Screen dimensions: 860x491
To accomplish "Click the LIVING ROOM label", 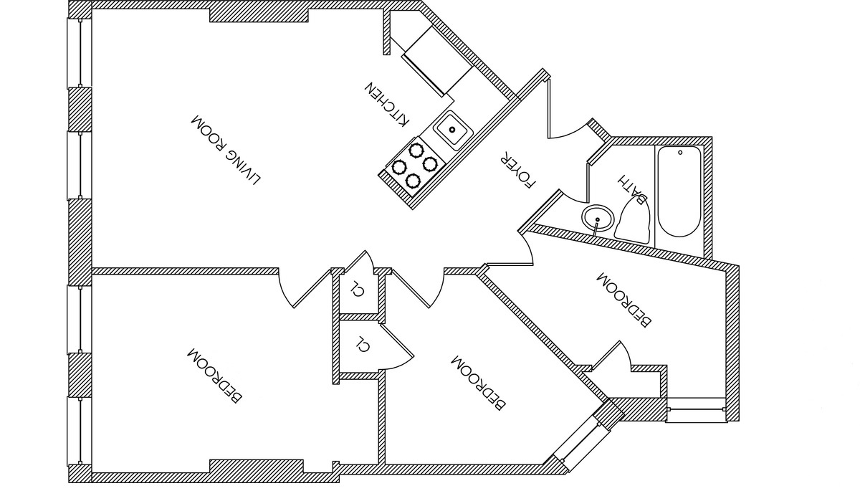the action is [x=225, y=149].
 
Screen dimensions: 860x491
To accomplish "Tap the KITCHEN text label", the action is [x=388, y=105].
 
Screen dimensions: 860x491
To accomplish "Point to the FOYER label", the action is [x=518, y=169].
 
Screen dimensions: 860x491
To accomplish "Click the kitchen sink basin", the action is [x=452, y=130].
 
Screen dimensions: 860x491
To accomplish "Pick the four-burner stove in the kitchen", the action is [x=413, y=164].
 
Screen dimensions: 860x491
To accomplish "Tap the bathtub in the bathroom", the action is [x=679, y=191].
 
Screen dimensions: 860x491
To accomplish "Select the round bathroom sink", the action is [x=598, y=217].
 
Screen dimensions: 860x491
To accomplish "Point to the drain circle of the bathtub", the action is [x=679, y=152].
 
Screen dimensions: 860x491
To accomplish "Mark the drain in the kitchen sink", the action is [x=452, y=130].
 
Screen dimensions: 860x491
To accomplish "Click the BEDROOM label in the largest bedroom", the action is [x=214, y=374].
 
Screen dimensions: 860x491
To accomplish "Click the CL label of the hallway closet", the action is [x=356, y=290].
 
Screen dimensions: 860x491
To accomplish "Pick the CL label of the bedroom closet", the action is [x=363, y=344].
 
